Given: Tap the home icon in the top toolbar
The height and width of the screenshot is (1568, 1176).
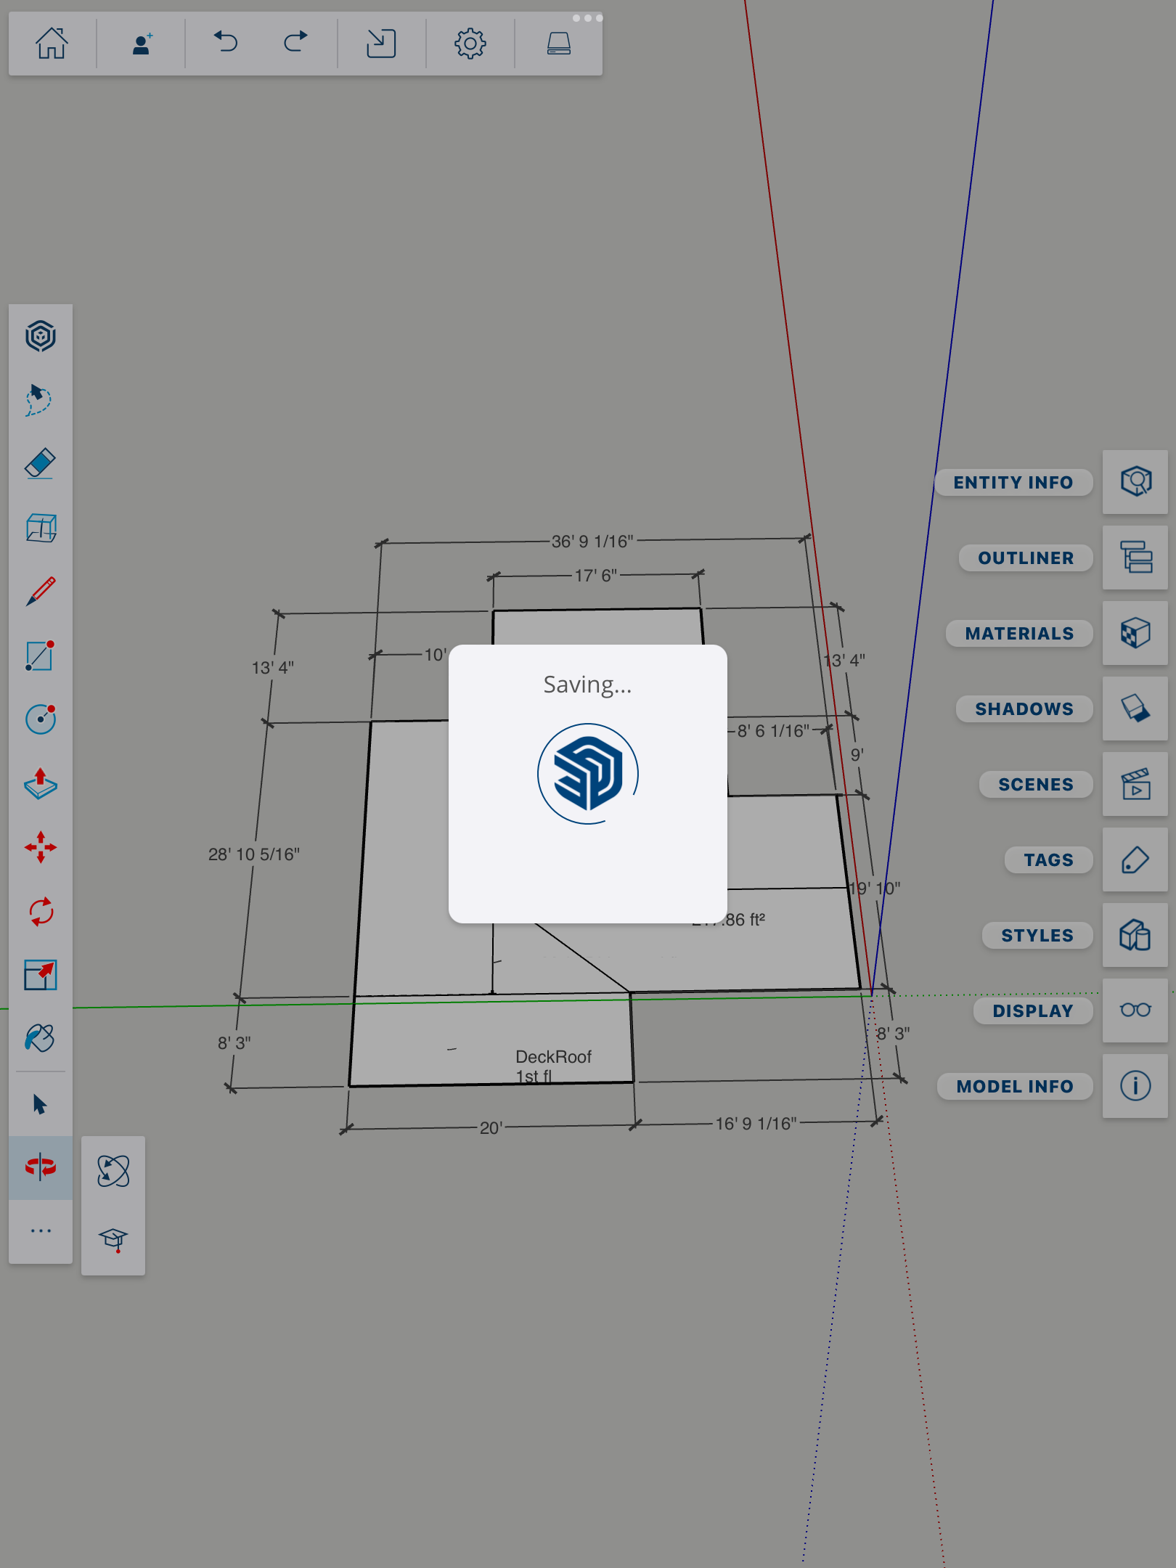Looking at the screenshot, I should tap(52, 44).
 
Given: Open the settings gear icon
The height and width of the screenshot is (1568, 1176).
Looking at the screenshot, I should tap(470, 44).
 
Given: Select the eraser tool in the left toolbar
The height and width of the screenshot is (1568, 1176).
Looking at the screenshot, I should tap(41, 463).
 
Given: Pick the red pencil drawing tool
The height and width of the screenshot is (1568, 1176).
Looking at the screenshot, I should tap(41, 592).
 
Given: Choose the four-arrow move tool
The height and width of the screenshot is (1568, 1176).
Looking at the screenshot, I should tap(41, 847).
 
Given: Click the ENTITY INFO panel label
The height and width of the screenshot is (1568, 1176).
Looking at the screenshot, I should tap(1013, 483).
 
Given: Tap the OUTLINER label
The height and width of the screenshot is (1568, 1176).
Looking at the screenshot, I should tap(1025, 558).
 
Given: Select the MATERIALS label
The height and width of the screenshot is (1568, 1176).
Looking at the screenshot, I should tap(1019, 634).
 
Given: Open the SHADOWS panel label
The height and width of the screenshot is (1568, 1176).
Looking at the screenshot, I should tap(1024, 709).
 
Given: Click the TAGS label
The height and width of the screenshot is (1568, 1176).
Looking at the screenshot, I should tap(1048, 860).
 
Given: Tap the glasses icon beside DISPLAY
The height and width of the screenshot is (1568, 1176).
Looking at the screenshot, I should tap(1135, 1010).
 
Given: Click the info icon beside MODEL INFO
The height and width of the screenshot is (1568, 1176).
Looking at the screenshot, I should tap(1135, 1086).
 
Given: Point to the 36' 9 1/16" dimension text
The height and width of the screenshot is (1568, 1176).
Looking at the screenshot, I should tap(592, 542).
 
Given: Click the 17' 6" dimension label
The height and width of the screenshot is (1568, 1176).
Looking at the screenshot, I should tap(596, 576).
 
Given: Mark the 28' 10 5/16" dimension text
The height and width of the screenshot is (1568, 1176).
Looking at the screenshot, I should tap(254, 854).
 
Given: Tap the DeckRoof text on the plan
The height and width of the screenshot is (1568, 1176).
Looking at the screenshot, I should tap(553, 1057).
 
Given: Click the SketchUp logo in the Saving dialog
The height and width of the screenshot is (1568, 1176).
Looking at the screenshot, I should tap(588, 774).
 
